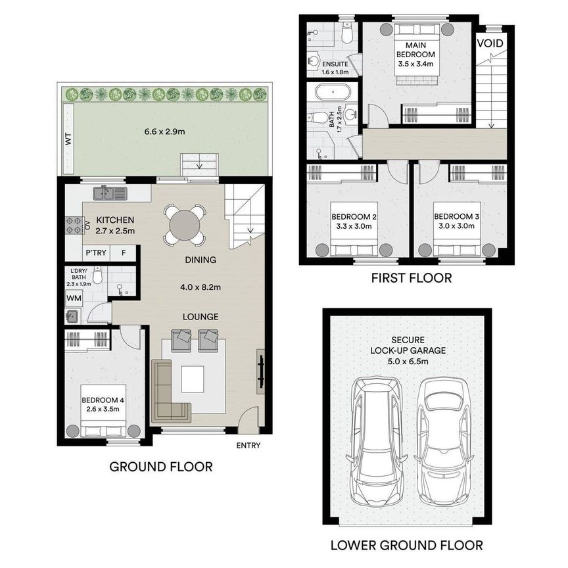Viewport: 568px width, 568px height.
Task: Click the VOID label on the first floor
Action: coord(490,43)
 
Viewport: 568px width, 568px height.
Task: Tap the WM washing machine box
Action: coord(74,298)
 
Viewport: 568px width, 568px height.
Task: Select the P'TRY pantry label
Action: coord(96,252)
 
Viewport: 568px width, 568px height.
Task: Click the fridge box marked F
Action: coord(123,253)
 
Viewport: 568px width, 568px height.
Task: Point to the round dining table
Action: coord(185,225)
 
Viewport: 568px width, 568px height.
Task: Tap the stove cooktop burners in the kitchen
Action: coord(74,225)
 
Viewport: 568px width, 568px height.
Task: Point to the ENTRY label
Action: coord(248,445)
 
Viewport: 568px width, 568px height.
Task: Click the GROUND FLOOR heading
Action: coord(161,467)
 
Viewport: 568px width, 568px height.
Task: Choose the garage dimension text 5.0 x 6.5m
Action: coord(408,361)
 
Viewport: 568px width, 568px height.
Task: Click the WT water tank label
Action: coord(68,139)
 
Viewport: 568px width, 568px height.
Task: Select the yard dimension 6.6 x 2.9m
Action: coord(164,131)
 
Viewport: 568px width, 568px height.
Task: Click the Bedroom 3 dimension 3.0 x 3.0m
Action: coord(456,225)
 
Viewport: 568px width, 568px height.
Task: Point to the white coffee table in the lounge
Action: coord(193,379)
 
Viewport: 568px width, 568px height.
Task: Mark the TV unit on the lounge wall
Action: coord(261,371)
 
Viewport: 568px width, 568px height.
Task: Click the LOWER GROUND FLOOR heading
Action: coord(406,545)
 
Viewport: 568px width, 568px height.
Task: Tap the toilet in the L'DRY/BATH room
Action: coord(97,275)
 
